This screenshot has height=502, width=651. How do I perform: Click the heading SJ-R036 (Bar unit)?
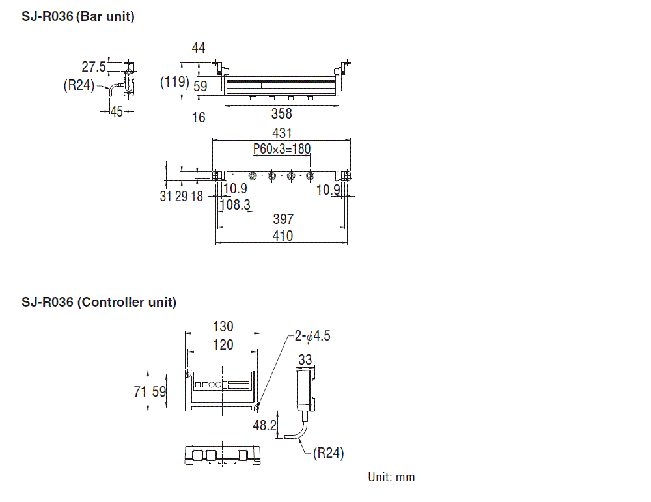point(78,17)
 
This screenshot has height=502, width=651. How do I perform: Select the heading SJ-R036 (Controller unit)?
point(99,302)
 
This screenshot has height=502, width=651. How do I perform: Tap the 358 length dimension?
point(281,113)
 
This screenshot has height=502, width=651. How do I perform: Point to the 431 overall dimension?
point(282,133)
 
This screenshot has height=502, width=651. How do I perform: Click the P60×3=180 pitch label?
point(282,148)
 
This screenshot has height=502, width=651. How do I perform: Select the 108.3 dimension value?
point(235,204)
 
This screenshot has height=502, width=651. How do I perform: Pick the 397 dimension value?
point(283,219)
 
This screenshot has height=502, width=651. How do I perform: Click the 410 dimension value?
point(283,236)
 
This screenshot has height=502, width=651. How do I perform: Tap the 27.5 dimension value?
point(94,66)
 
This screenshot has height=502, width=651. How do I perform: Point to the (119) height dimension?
point(174,81)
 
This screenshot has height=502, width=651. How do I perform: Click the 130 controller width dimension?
point(223,326)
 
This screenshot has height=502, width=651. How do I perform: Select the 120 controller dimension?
point(223,344)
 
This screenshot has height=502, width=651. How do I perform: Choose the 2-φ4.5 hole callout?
point(312,335)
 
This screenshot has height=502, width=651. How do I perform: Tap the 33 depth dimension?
point(305,359)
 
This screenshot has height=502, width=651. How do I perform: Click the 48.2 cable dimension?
point(264,425)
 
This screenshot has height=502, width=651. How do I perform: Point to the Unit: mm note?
point(391,477)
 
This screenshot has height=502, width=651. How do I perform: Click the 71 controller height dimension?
point(140,391)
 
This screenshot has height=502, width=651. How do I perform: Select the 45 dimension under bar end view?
point(117,111)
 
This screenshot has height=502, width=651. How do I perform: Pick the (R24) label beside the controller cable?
point(328,453)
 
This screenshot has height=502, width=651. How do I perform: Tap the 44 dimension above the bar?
point(199,48)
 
